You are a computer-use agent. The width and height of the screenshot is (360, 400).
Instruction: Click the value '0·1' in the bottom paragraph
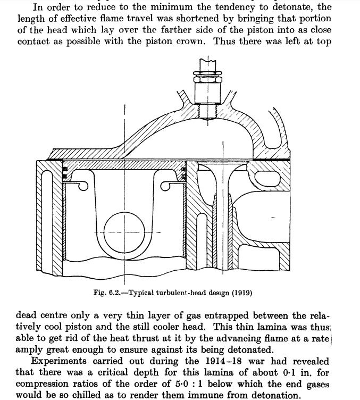[289, 372]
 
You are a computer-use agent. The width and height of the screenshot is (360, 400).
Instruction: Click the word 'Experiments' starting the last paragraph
[59, 362]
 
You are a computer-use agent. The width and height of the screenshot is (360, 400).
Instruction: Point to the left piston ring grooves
[65, 172]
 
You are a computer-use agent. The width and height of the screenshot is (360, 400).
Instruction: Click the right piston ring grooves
[183, 172]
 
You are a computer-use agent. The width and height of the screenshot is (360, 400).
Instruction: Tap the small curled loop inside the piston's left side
[83, 186]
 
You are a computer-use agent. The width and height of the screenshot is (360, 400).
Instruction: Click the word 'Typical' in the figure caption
[141, 293]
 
